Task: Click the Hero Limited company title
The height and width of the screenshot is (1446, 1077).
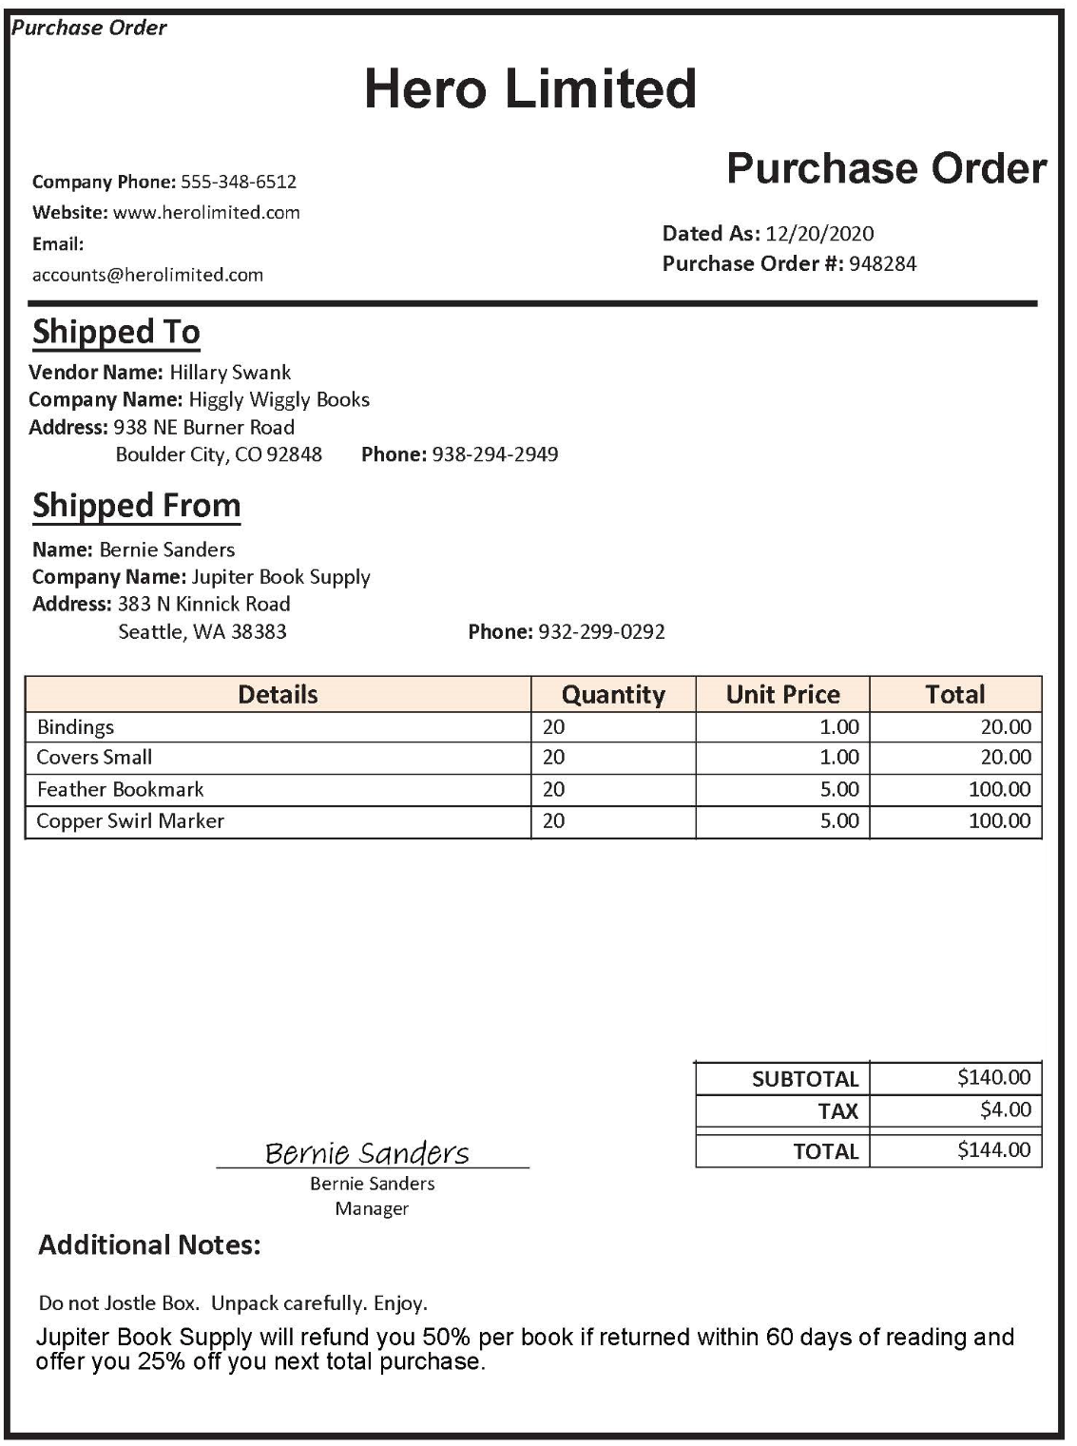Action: tap(530, 88)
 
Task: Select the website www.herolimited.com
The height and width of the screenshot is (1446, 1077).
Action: tap(206, 212)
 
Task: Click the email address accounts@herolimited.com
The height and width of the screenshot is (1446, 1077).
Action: tap(147, 275)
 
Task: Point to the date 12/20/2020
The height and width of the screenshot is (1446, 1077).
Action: tap(819, 234)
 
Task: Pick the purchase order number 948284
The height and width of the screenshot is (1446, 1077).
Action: tap(882, 264)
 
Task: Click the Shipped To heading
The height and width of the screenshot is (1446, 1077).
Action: tap(116, 332)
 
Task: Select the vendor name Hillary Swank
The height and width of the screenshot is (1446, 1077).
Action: tap(230, 373)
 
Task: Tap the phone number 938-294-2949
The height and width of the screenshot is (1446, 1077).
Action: tap(494, 454)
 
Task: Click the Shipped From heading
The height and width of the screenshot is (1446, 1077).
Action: tap(136, 505)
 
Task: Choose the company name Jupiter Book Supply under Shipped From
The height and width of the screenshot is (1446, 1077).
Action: tap(280, 577)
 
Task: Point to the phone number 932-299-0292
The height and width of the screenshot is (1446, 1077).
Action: tap(601, 631)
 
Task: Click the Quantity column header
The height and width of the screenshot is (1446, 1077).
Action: tap(613, 694)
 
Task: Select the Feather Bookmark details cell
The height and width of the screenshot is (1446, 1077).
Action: tap(120, 789)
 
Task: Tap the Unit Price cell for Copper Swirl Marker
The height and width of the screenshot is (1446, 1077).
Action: tap(839, 820)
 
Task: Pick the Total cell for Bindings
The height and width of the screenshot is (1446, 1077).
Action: tap(1005, 727)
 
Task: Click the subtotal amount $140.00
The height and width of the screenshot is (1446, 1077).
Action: tap(993, 1077)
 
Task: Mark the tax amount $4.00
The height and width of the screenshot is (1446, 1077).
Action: tap(1005, 1109)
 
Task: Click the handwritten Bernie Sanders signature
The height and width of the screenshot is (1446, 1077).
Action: tap(367, 1152)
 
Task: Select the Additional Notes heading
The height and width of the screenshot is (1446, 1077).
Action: tap(149, 1244)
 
